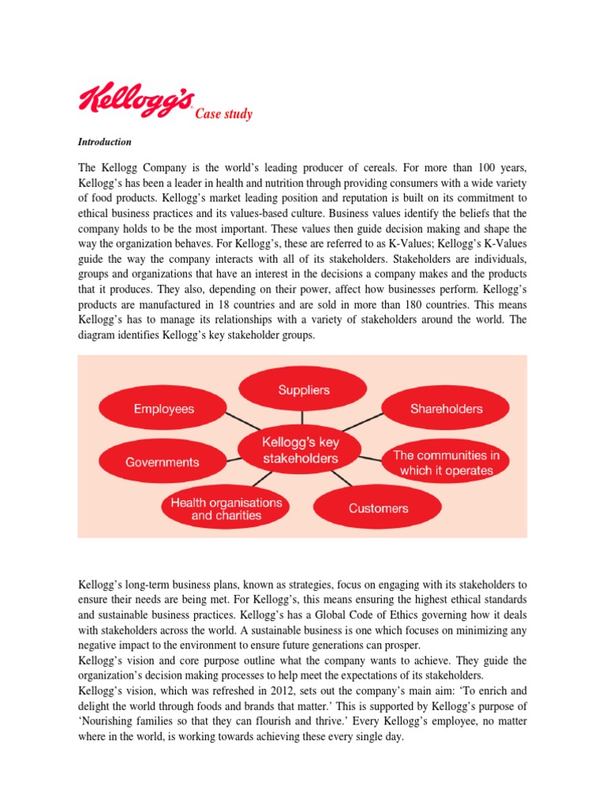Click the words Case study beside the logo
pyautogui.click(x=223, y=114)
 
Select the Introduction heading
pyautogui.click(x=104, y=142)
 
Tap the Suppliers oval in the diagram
pyautogui.click(x=303, y=390)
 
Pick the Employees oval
pyautogui.click(x=163, y=409)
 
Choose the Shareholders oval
pyautogui.click(x=446, y=409)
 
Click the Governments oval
pyautogui.click(x=163, y=462)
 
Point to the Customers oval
pyautogui.click(x=378, y=508)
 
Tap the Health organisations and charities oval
pyautogui.click(x=226, y=508)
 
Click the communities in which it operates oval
pyautogui.click(x=446, y=462)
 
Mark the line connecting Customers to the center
pyautogui.click(x=342, y=479)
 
